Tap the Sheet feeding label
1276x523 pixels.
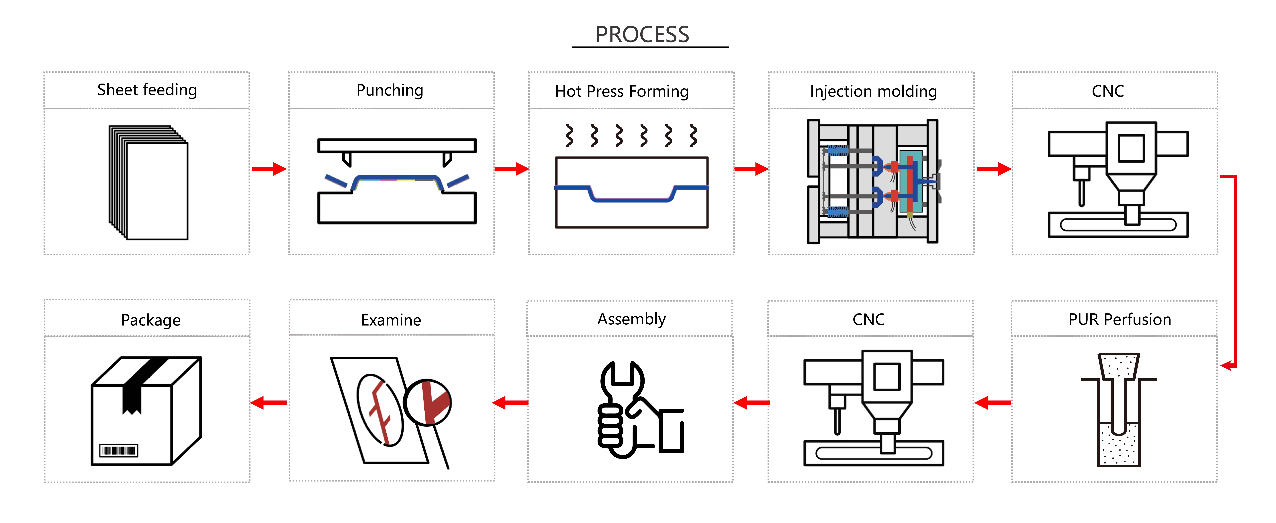pos(147,90)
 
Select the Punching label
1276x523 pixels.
pos(390,90)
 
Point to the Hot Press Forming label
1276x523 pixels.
pos(622,91)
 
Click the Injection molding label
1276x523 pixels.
pos(873,91)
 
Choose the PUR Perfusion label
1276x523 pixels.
pos(1120,319)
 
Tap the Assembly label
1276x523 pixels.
pos(632,319)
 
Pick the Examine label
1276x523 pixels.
pos(391,320)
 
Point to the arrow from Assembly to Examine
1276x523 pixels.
pos(511,402)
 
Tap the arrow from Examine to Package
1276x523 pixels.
pos(269,402)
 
